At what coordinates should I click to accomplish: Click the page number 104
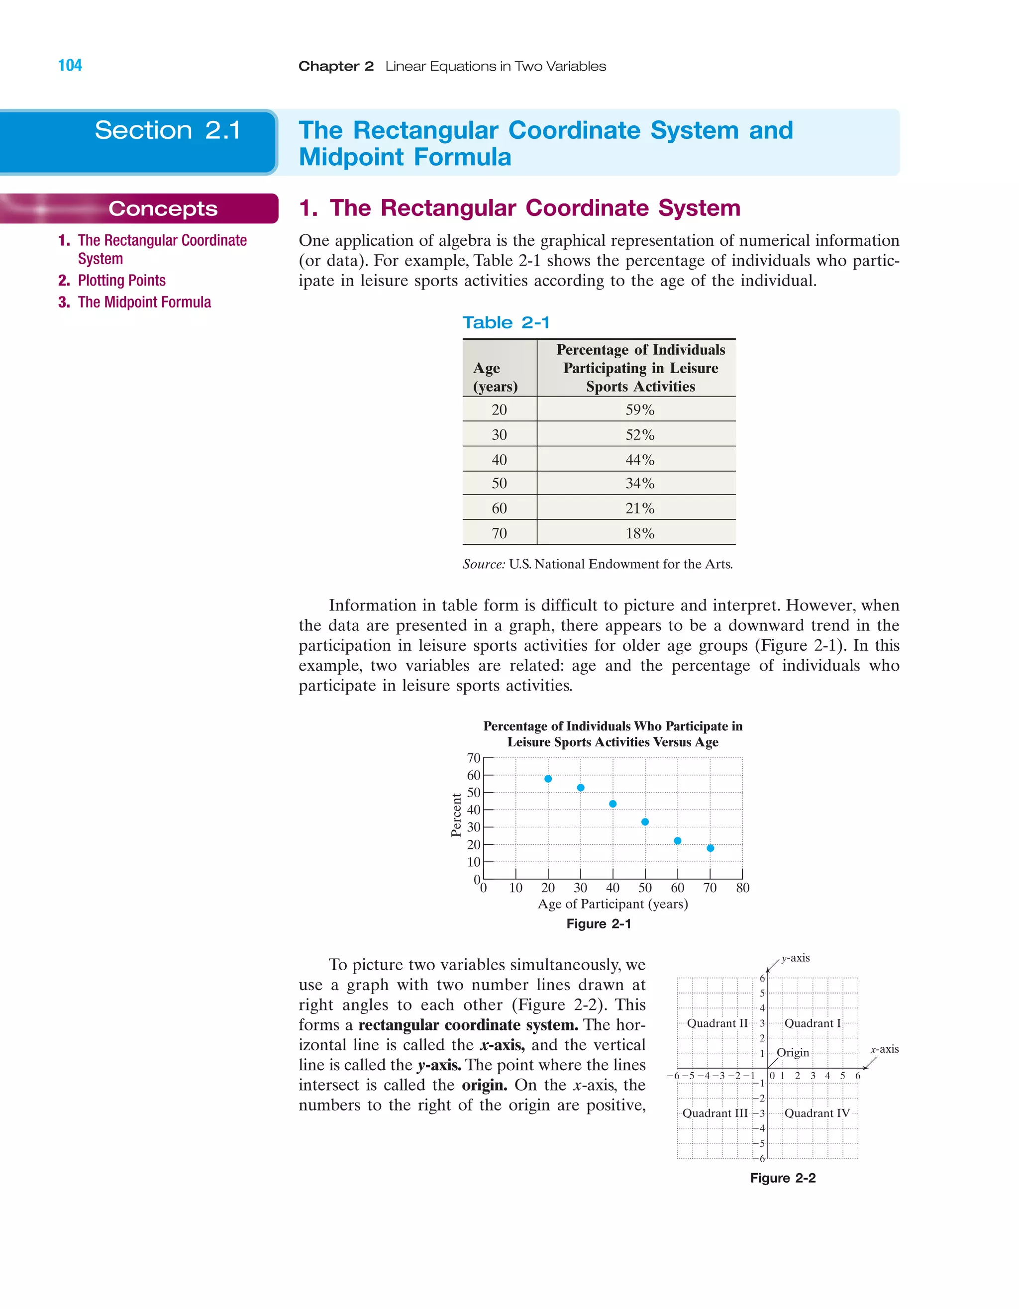[70, 65]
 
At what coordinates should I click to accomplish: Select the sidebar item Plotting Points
[122, 281]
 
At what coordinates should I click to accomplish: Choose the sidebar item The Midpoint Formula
[144, 302]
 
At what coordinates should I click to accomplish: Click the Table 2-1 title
[506, 322]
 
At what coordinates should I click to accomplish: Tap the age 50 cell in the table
[500, 483]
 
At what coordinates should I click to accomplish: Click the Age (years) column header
[495, 377]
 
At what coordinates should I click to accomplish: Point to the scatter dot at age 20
[548, 779]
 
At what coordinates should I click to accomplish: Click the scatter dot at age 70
[711, 848]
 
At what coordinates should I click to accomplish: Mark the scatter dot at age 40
[612, 804]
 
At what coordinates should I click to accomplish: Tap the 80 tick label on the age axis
[743, 888]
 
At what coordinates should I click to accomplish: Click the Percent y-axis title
[456, 815]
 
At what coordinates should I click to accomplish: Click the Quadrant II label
[717, 1023]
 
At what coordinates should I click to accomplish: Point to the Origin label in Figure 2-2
[793, 1052]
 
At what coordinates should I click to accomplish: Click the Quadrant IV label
[817, 1113]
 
